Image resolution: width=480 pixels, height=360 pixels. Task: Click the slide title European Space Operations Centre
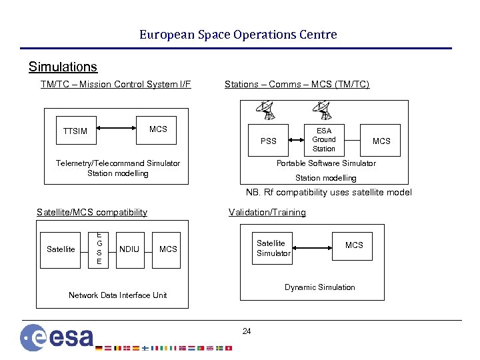pos(238,35)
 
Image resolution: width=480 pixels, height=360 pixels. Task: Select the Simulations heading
pos(63,67)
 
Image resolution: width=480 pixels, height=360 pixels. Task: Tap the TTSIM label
pos(75,131)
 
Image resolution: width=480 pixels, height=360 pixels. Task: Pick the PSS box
pos(268,141)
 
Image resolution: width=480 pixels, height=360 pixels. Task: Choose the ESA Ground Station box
pos(324,139)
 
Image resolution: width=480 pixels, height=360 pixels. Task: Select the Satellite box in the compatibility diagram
pos(61,249)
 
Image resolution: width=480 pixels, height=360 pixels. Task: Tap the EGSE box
pos(99,249)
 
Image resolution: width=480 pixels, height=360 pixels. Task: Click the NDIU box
pos(129,249)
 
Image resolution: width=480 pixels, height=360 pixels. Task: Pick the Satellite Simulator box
pos(273,248)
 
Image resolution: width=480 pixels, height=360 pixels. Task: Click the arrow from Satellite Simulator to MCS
pos(312,246)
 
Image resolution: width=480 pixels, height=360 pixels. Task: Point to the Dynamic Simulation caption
pos(319,287)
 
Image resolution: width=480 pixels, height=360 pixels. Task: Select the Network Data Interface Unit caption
pos(118,295)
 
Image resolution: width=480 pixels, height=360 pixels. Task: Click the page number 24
pos(247,331)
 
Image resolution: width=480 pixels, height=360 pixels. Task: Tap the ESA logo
pos(57,337)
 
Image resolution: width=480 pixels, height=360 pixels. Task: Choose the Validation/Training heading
pos(267,212)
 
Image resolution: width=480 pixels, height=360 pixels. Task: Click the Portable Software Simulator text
pos(326,163)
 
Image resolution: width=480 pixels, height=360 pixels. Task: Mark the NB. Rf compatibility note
pos(329,192)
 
